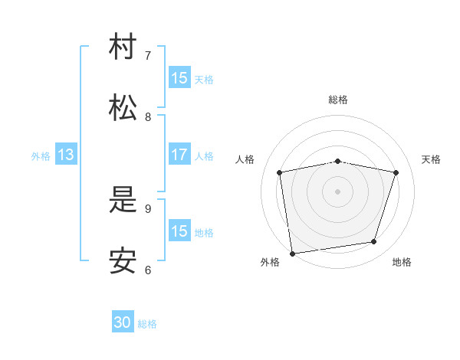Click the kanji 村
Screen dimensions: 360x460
123,48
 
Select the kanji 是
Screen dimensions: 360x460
123,201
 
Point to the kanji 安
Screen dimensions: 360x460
123,261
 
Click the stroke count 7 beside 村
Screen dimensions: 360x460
148,55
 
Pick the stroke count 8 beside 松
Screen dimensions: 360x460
148,116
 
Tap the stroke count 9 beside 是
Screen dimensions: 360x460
148,208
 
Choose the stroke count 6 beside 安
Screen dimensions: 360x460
148,269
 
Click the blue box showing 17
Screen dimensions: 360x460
179,155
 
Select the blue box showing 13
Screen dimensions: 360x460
66,155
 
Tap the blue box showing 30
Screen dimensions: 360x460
123,322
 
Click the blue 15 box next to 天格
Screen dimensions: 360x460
179,78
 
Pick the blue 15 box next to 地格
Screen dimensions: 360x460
179,231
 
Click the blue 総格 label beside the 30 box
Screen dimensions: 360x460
148,324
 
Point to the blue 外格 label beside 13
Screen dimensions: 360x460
41,156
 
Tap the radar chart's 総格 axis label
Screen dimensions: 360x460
337,100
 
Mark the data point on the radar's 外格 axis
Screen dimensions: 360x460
292,253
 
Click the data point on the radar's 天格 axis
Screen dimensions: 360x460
396,172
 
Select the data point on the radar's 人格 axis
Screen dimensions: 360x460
280,172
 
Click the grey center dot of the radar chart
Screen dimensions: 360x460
337,191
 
